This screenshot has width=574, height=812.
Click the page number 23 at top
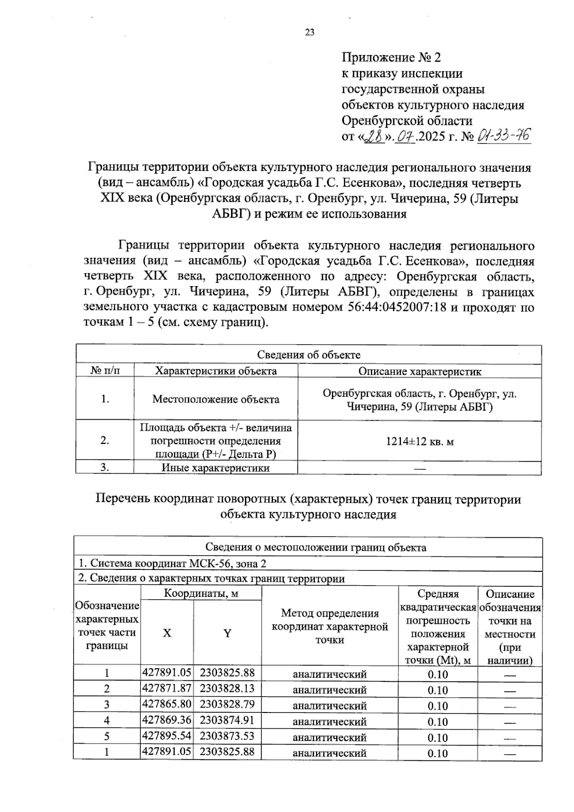tap(309, 33)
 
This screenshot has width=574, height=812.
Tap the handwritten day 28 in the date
tap(374, 137)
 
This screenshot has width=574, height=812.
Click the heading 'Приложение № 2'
tap(391, 58)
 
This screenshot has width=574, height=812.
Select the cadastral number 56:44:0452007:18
tap(395, 307)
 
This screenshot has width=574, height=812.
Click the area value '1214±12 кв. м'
tap(419, 441)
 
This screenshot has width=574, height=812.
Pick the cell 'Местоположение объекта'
tap(216, 399)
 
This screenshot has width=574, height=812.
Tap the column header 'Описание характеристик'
tap(419, 371)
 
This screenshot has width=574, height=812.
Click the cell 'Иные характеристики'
tap(216, 468)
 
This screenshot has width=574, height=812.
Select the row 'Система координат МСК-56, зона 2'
tap(172, 563)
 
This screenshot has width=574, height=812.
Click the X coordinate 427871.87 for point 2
tap(167, 689)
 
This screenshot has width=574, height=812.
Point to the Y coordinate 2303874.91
tap(227, 720)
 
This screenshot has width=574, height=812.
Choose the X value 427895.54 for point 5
tap(167, 736)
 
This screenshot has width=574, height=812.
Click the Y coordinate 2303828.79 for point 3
tap(227, 704)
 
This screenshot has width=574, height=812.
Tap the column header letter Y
tap(228, 633)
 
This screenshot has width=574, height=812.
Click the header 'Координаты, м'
tap(201, 594)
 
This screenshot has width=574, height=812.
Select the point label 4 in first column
tap(107, 721)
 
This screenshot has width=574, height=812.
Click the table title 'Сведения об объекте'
tap(309, 355)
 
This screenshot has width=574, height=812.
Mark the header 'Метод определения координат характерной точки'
tap(330, 626)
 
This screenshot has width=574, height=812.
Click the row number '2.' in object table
tap(105, 441)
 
